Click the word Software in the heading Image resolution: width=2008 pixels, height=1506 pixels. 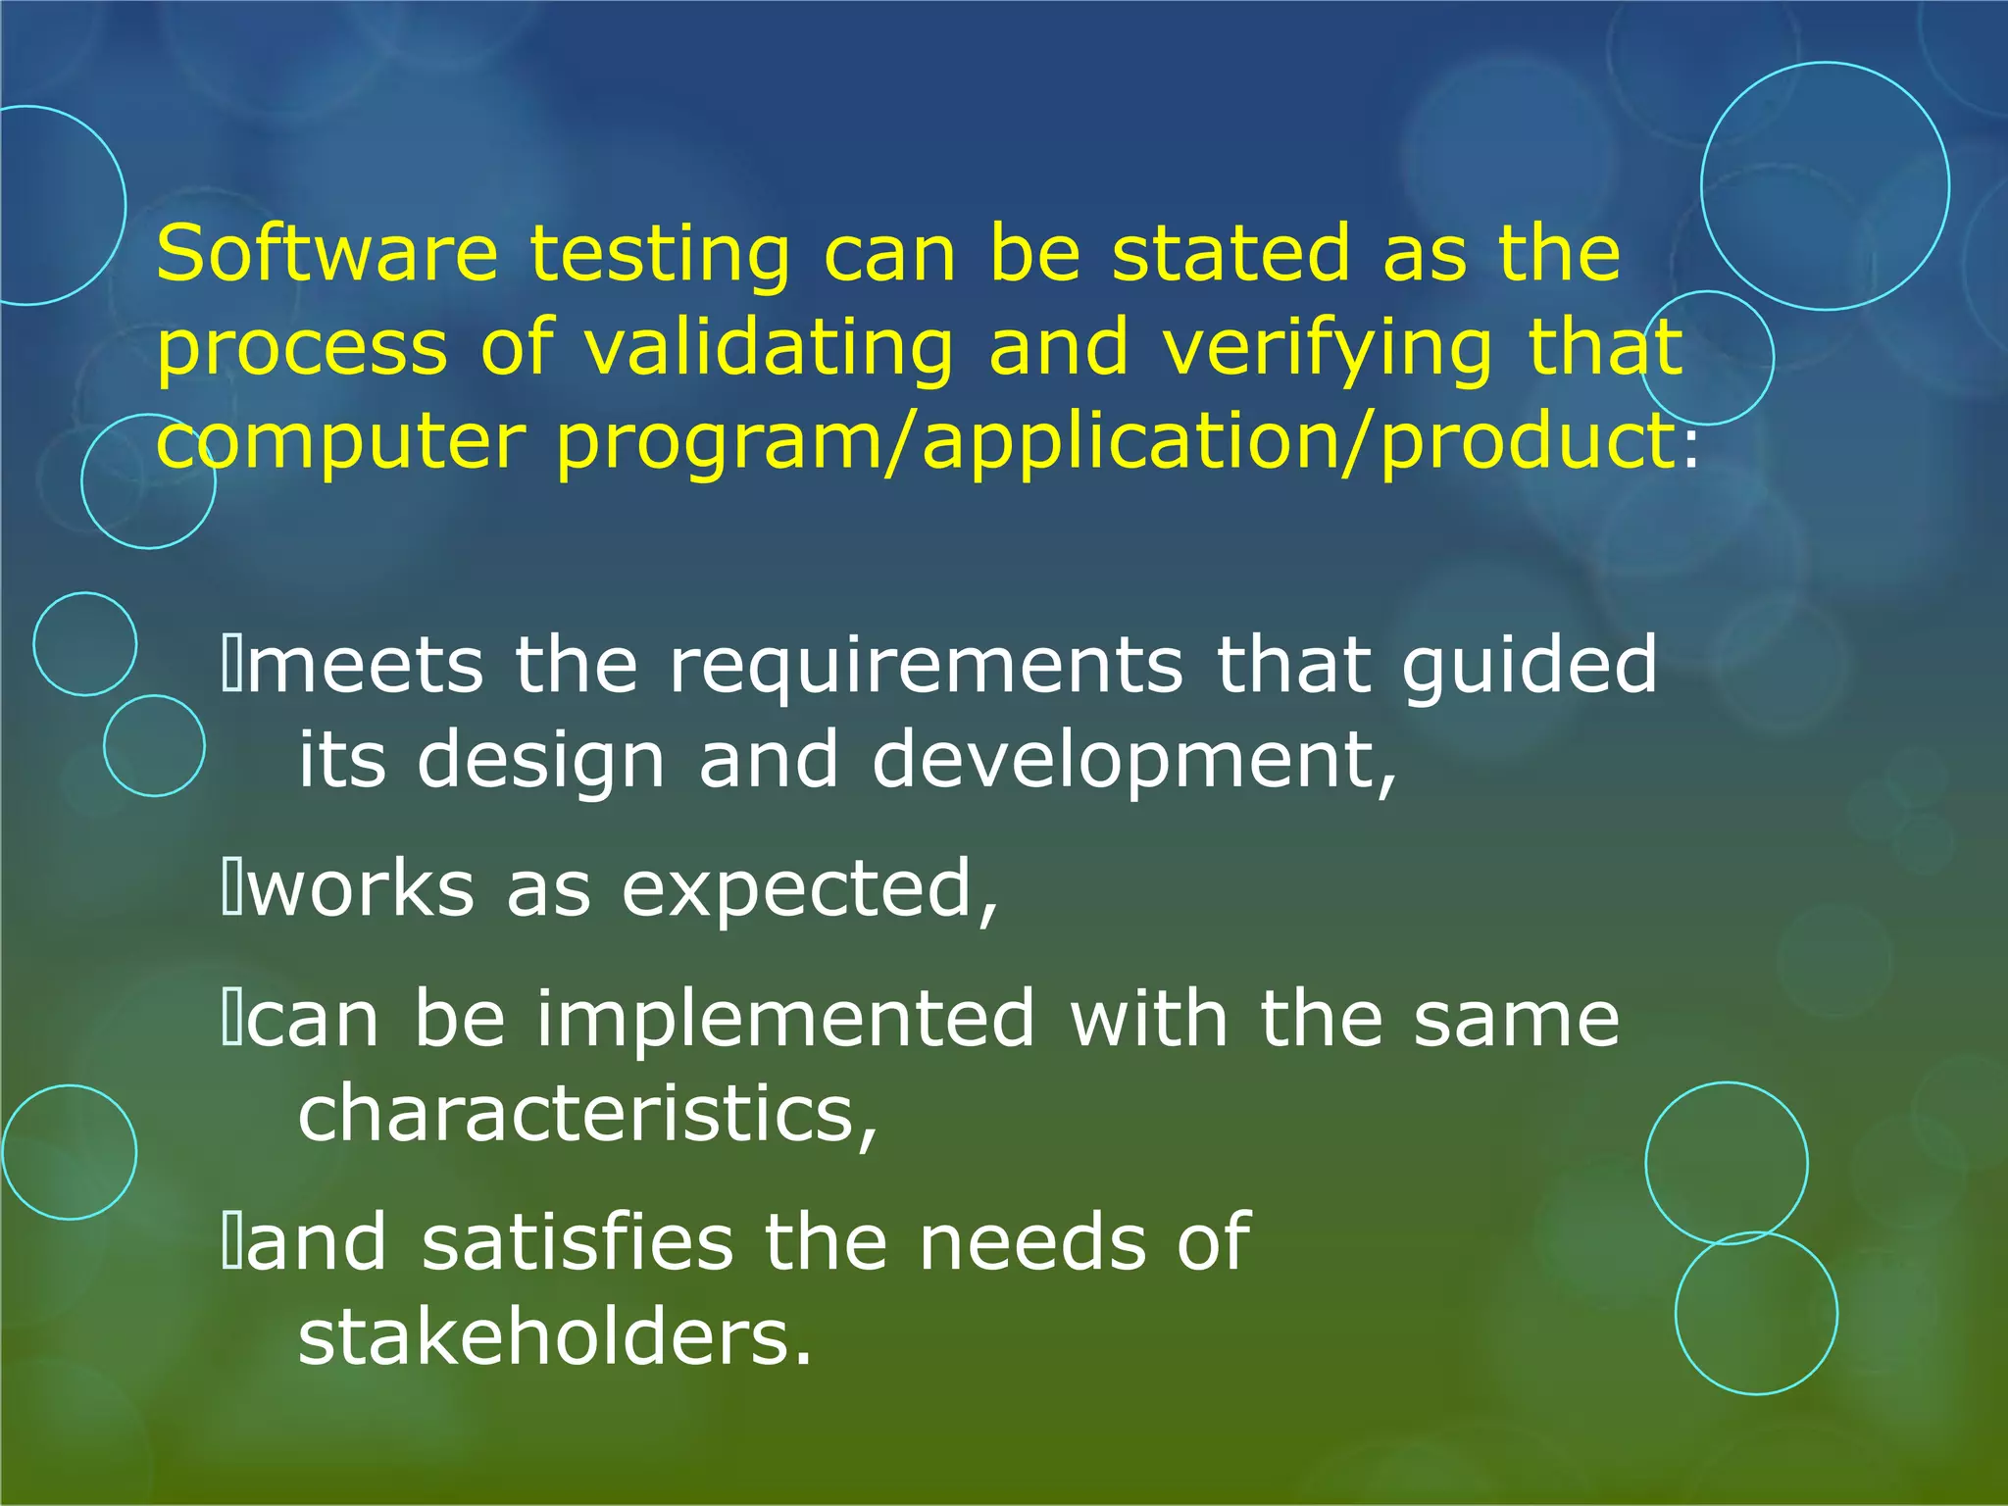point(326,253)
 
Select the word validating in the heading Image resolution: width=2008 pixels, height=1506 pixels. point(769,350)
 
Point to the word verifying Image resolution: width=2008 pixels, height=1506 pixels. point(1327,350)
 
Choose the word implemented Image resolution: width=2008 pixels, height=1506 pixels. point(785,1020)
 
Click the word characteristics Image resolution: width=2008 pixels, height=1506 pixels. point(586,1115)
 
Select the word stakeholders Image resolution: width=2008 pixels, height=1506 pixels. point(555,1338)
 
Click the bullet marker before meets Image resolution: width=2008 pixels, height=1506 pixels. point(232,665)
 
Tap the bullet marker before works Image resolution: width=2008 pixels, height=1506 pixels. point(232,888)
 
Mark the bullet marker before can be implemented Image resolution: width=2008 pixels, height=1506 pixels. point(232,1020)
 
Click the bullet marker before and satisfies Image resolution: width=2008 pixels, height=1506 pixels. point(232,1241)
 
